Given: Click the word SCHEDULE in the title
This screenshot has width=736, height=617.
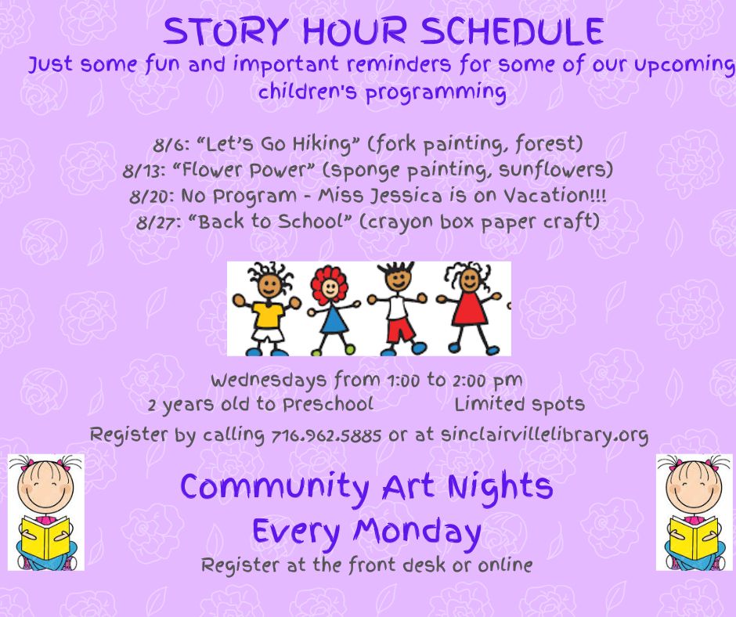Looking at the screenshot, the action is tap(511, 32).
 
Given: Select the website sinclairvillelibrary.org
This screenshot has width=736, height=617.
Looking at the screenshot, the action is tap(544, 435).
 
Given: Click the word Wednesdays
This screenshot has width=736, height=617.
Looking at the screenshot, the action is tap(268, 381).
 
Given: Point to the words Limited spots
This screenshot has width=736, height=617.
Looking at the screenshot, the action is tap(520, 405).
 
